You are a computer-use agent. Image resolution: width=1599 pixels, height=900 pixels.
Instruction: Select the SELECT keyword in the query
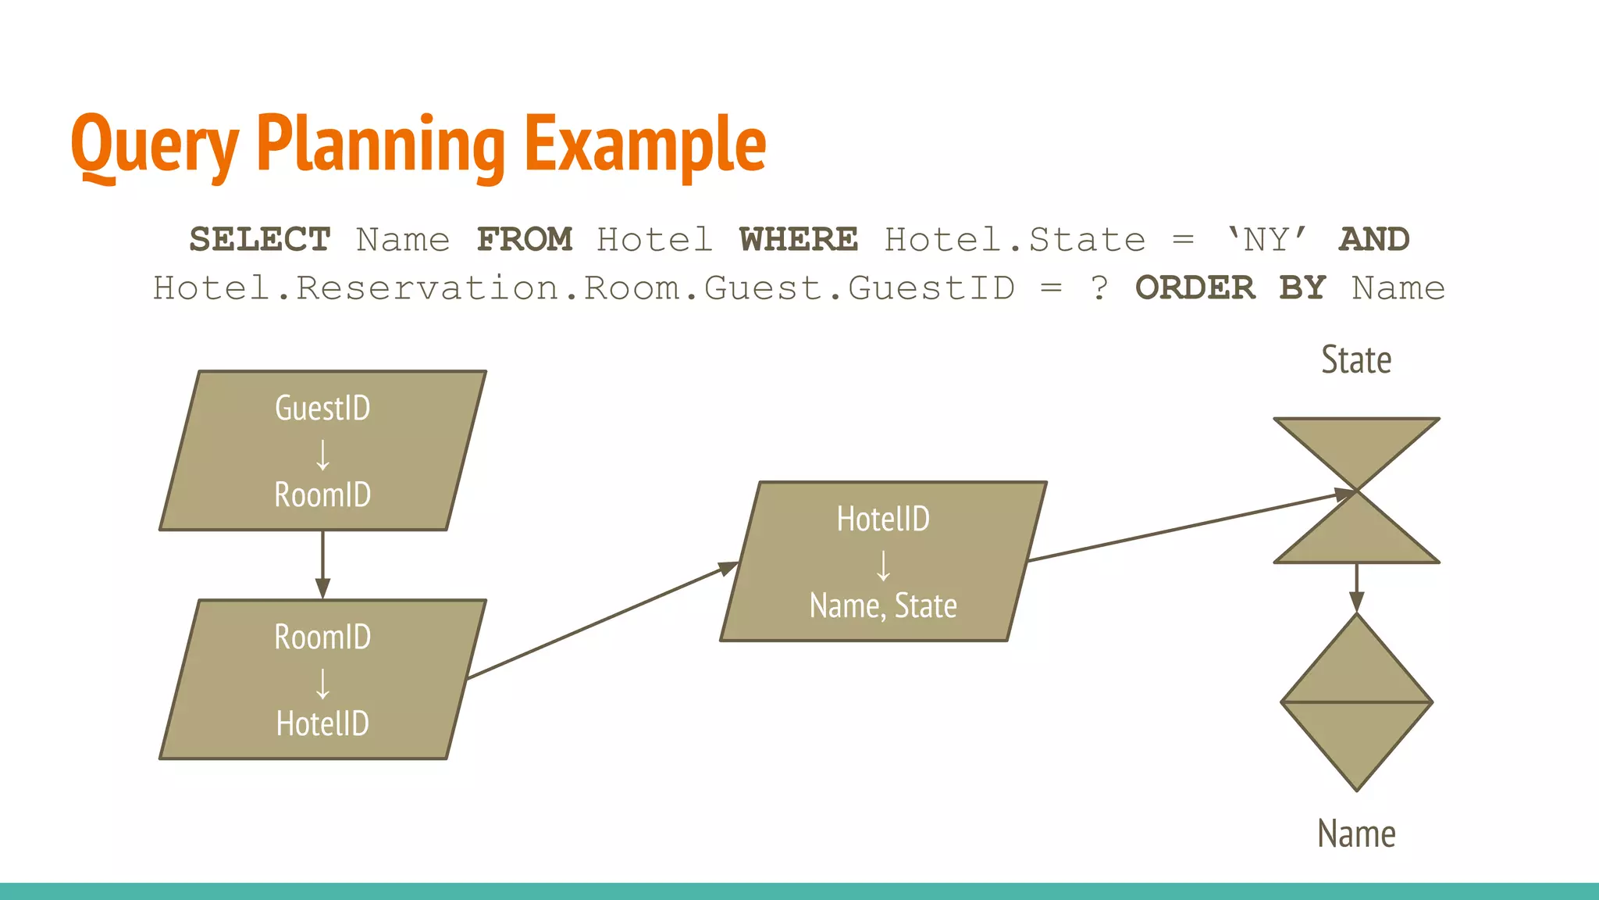(260, 240)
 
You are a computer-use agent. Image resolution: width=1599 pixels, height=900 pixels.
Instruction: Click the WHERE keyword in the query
(798, 240)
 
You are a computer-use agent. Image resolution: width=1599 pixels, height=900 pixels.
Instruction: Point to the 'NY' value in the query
(1266, 240)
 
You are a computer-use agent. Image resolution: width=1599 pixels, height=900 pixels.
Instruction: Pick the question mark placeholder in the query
(1099, 288)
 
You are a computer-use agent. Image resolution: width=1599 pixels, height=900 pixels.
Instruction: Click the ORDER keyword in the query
(1195, 288)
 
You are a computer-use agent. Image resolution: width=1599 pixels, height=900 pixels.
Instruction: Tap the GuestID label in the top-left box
(322, 409)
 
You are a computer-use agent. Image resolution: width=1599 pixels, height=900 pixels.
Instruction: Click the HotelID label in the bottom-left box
(322, 723)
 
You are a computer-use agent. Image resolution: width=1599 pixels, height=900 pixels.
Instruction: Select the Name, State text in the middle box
(883, 606)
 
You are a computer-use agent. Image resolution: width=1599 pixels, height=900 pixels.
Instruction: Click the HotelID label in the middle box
(883, 520)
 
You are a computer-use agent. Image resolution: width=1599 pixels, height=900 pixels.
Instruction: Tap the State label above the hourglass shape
(1356, 360)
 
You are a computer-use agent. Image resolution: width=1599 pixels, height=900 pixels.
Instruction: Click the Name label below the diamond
(1356, 834)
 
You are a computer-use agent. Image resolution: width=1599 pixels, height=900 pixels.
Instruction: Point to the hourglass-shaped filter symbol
(1356, 491)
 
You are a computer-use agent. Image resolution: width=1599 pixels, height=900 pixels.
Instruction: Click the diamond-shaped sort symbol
(1356, 702)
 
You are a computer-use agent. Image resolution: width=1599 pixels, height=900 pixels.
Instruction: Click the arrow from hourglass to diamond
(1356, 587)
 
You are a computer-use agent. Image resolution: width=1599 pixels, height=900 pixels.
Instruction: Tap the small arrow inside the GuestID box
(322, 454)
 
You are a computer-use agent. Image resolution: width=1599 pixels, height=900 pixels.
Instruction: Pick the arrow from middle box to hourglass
(1187, 526)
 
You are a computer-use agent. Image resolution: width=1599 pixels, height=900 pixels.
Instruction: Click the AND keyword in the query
(1374, 240)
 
